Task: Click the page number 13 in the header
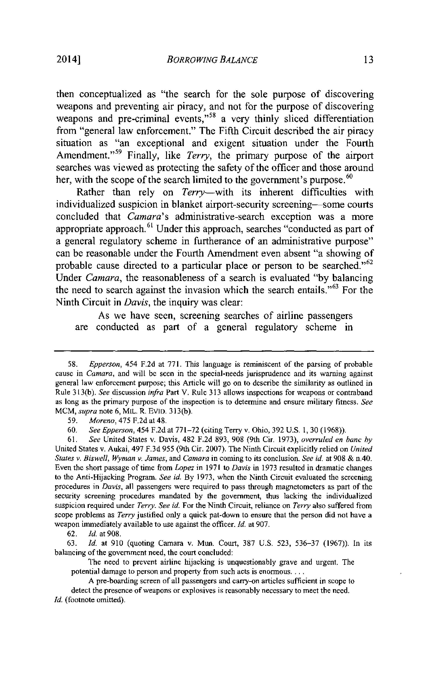click(x=368, y=60)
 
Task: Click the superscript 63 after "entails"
click(x=334, y=287)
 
